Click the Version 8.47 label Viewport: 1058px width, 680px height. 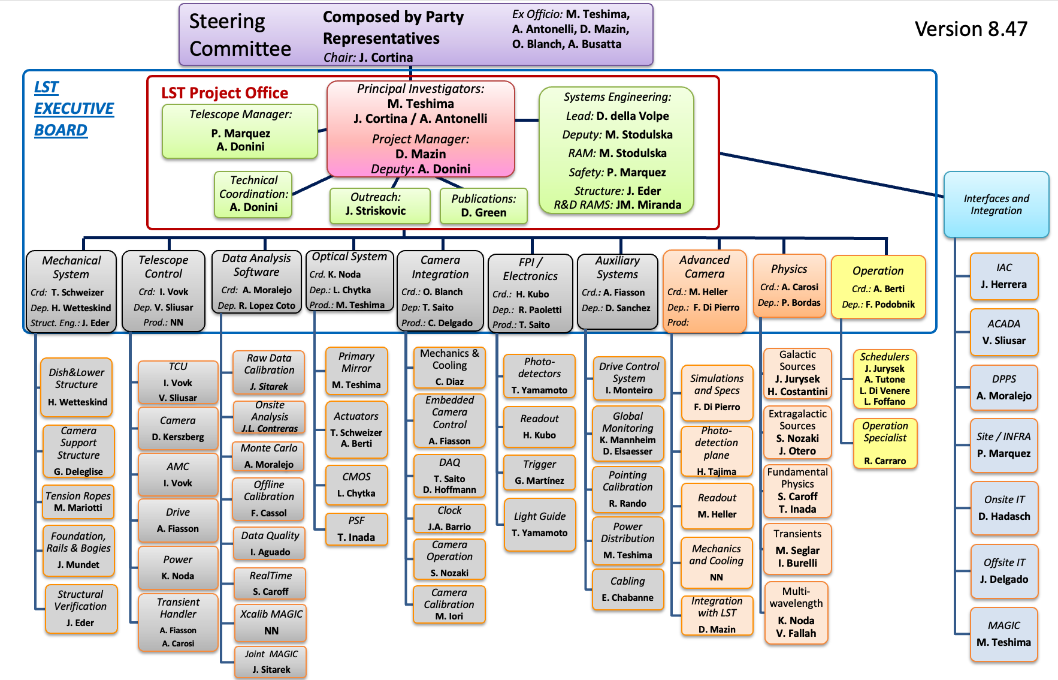coord(971,29)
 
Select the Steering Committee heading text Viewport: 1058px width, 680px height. coord(240,35)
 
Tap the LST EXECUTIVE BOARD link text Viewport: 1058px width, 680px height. coord(73,109)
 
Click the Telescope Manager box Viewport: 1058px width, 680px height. coord(240,131)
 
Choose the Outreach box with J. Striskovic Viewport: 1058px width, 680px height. coord(379,205)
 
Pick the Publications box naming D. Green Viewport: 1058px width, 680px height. coord(483,206)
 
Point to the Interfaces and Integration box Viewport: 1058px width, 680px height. coord(996,204)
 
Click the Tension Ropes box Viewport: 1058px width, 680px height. coord(78,502)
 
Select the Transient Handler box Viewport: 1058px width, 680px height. coord(178,622)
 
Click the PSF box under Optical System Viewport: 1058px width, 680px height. coord(356,529)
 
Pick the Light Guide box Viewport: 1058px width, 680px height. coord(539,524)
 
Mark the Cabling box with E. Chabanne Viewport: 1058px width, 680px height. coord(627,589)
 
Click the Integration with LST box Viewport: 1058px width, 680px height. coord(717,615)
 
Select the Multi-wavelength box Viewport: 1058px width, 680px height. coord(796,612)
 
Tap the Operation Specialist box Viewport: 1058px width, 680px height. coord(885,443)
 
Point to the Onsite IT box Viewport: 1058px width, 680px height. coord(1004,507)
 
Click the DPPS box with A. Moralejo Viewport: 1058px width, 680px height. coord(1003,387)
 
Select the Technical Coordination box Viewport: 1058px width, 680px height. coord(253,194)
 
